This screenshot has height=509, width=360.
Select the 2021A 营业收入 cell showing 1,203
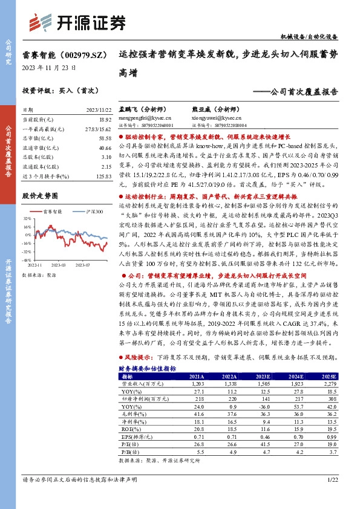tap(198, 383)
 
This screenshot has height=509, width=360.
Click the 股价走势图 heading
tap(40, 196)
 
